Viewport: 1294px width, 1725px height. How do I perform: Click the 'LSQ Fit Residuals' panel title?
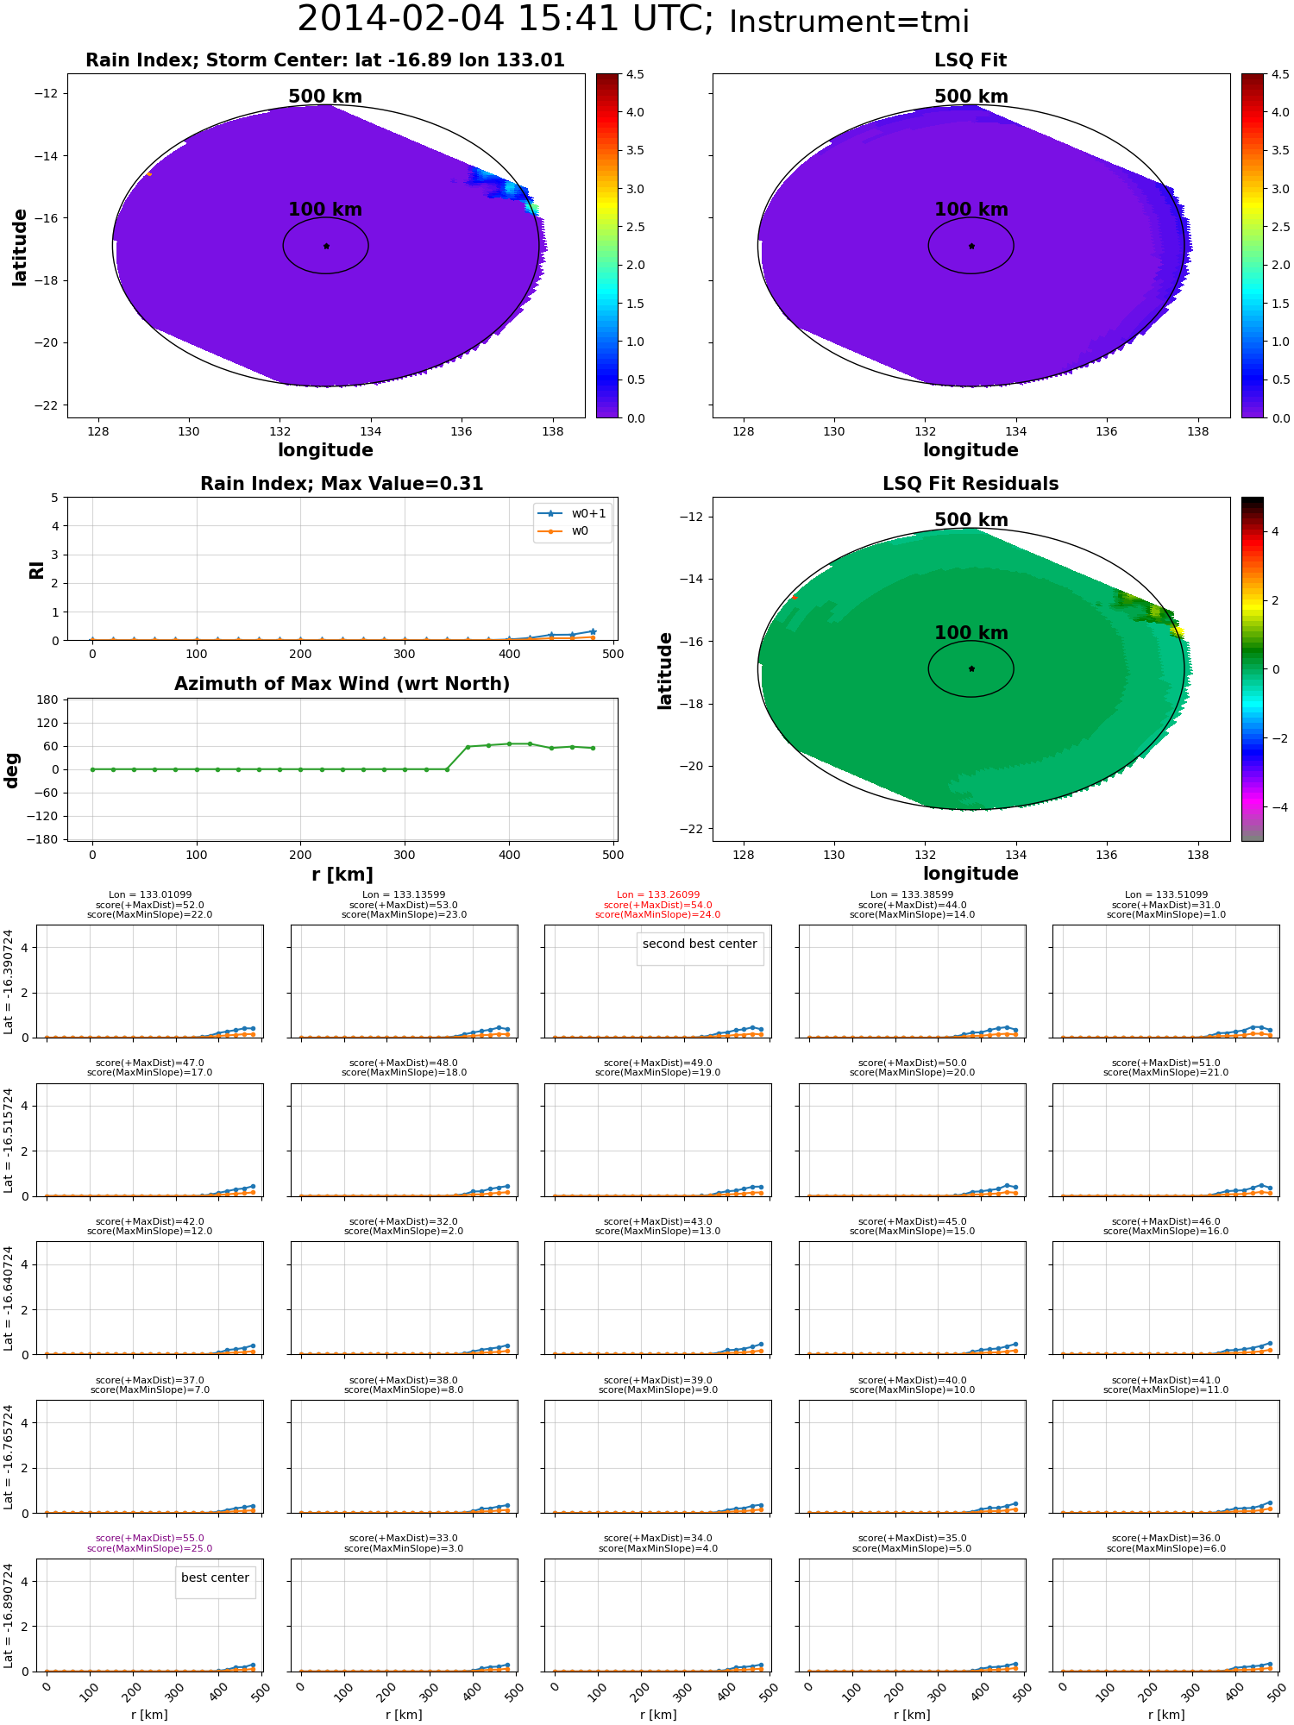(970, 484)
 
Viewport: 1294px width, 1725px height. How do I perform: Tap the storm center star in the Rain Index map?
(326, 246)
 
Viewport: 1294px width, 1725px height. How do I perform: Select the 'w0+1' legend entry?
(588, 513)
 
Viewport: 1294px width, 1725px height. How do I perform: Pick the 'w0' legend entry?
(580, 531)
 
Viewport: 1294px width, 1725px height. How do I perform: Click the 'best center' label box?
(215, 1578)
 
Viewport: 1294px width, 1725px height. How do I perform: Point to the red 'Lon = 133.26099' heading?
(658, 895)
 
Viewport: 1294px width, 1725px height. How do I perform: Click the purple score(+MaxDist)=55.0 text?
(150, 1539)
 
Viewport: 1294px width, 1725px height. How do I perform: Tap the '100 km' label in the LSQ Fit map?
(970, 210)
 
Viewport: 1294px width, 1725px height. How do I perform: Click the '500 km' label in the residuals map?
(970, 520)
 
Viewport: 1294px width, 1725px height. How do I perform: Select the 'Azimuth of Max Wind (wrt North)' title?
(342, 684)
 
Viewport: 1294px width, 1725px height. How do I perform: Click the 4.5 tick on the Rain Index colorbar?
(635, 74)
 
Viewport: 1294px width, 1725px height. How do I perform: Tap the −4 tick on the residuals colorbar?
(1275, 807)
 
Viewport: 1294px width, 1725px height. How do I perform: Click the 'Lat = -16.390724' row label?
(9, 982)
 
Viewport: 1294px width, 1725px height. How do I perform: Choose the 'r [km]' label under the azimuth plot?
(342, 875)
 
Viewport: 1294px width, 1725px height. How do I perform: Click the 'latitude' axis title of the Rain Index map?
(19, 247)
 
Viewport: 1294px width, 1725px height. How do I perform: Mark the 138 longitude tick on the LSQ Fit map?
(1197, 431)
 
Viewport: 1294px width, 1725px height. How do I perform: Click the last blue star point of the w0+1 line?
(593, 631)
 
